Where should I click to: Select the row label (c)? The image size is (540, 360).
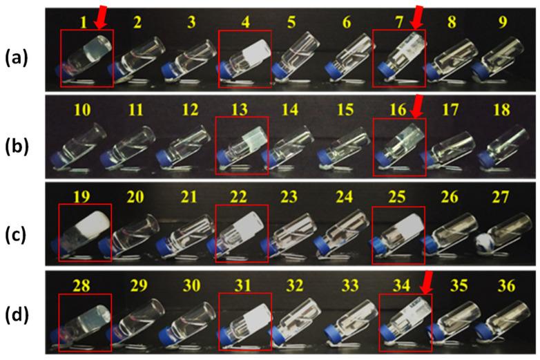coord(16,236)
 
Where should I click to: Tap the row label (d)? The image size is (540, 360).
coord(16,316)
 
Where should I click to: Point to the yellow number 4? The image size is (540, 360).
coord(245,22)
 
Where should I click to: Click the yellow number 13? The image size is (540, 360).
coord(240,110)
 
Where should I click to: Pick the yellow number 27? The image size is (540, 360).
coord(501,198)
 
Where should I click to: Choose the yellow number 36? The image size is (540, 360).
coord(507,286)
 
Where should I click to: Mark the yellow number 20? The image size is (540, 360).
coord(135,197)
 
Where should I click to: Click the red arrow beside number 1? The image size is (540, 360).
coord(102,17)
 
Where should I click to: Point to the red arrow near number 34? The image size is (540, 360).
coord(427,283)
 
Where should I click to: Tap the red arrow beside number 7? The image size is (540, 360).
coord(417,17)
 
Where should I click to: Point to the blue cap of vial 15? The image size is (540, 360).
coord(324,158)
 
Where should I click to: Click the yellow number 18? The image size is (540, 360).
coord(501,110)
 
